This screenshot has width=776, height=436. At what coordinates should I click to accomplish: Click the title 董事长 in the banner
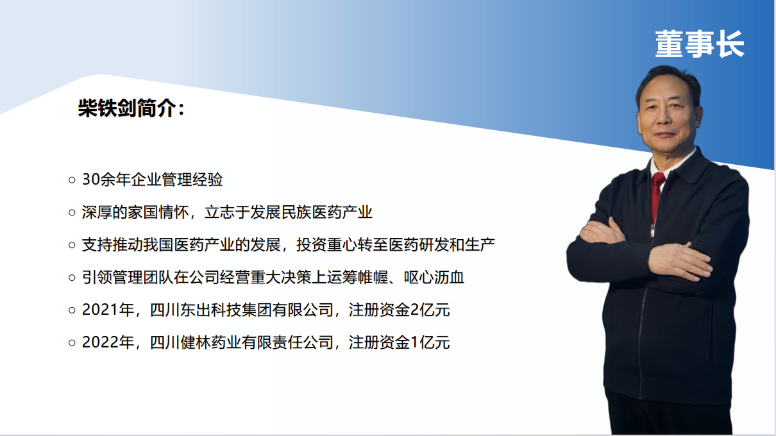(x=700, y=44)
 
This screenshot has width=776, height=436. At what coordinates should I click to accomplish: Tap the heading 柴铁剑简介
(x=127, y=108)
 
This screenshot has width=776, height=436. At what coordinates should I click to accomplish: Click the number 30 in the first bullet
(x=91, y=180)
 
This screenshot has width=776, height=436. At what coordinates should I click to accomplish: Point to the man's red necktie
(x=657, y=194)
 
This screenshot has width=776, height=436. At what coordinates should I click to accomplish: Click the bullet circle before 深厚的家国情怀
(x=72, y=212)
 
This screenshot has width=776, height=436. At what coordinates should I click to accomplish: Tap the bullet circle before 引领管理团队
(x=72, y=278)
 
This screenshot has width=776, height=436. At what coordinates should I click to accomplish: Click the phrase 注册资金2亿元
(x=399, y=310)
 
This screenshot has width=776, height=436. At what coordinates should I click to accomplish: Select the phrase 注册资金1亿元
(x=399, y=342)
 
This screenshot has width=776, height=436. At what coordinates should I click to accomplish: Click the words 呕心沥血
(x=434, y=278)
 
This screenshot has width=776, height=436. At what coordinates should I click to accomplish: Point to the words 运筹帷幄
(x=357, y=278)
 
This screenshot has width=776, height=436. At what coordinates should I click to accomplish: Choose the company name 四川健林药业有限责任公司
(x=242, y=342)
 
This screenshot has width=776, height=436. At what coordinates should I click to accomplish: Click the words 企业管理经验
(x=176, y=180)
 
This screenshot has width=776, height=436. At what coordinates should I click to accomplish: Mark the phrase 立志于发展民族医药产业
(x=288, y=212)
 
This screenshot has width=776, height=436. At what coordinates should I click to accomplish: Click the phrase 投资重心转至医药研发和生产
(x=396, y=245)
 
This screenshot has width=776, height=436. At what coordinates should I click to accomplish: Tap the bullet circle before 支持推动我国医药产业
(x=72, y=245)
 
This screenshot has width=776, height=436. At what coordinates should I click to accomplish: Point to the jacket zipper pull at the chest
(x=652, y=230)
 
